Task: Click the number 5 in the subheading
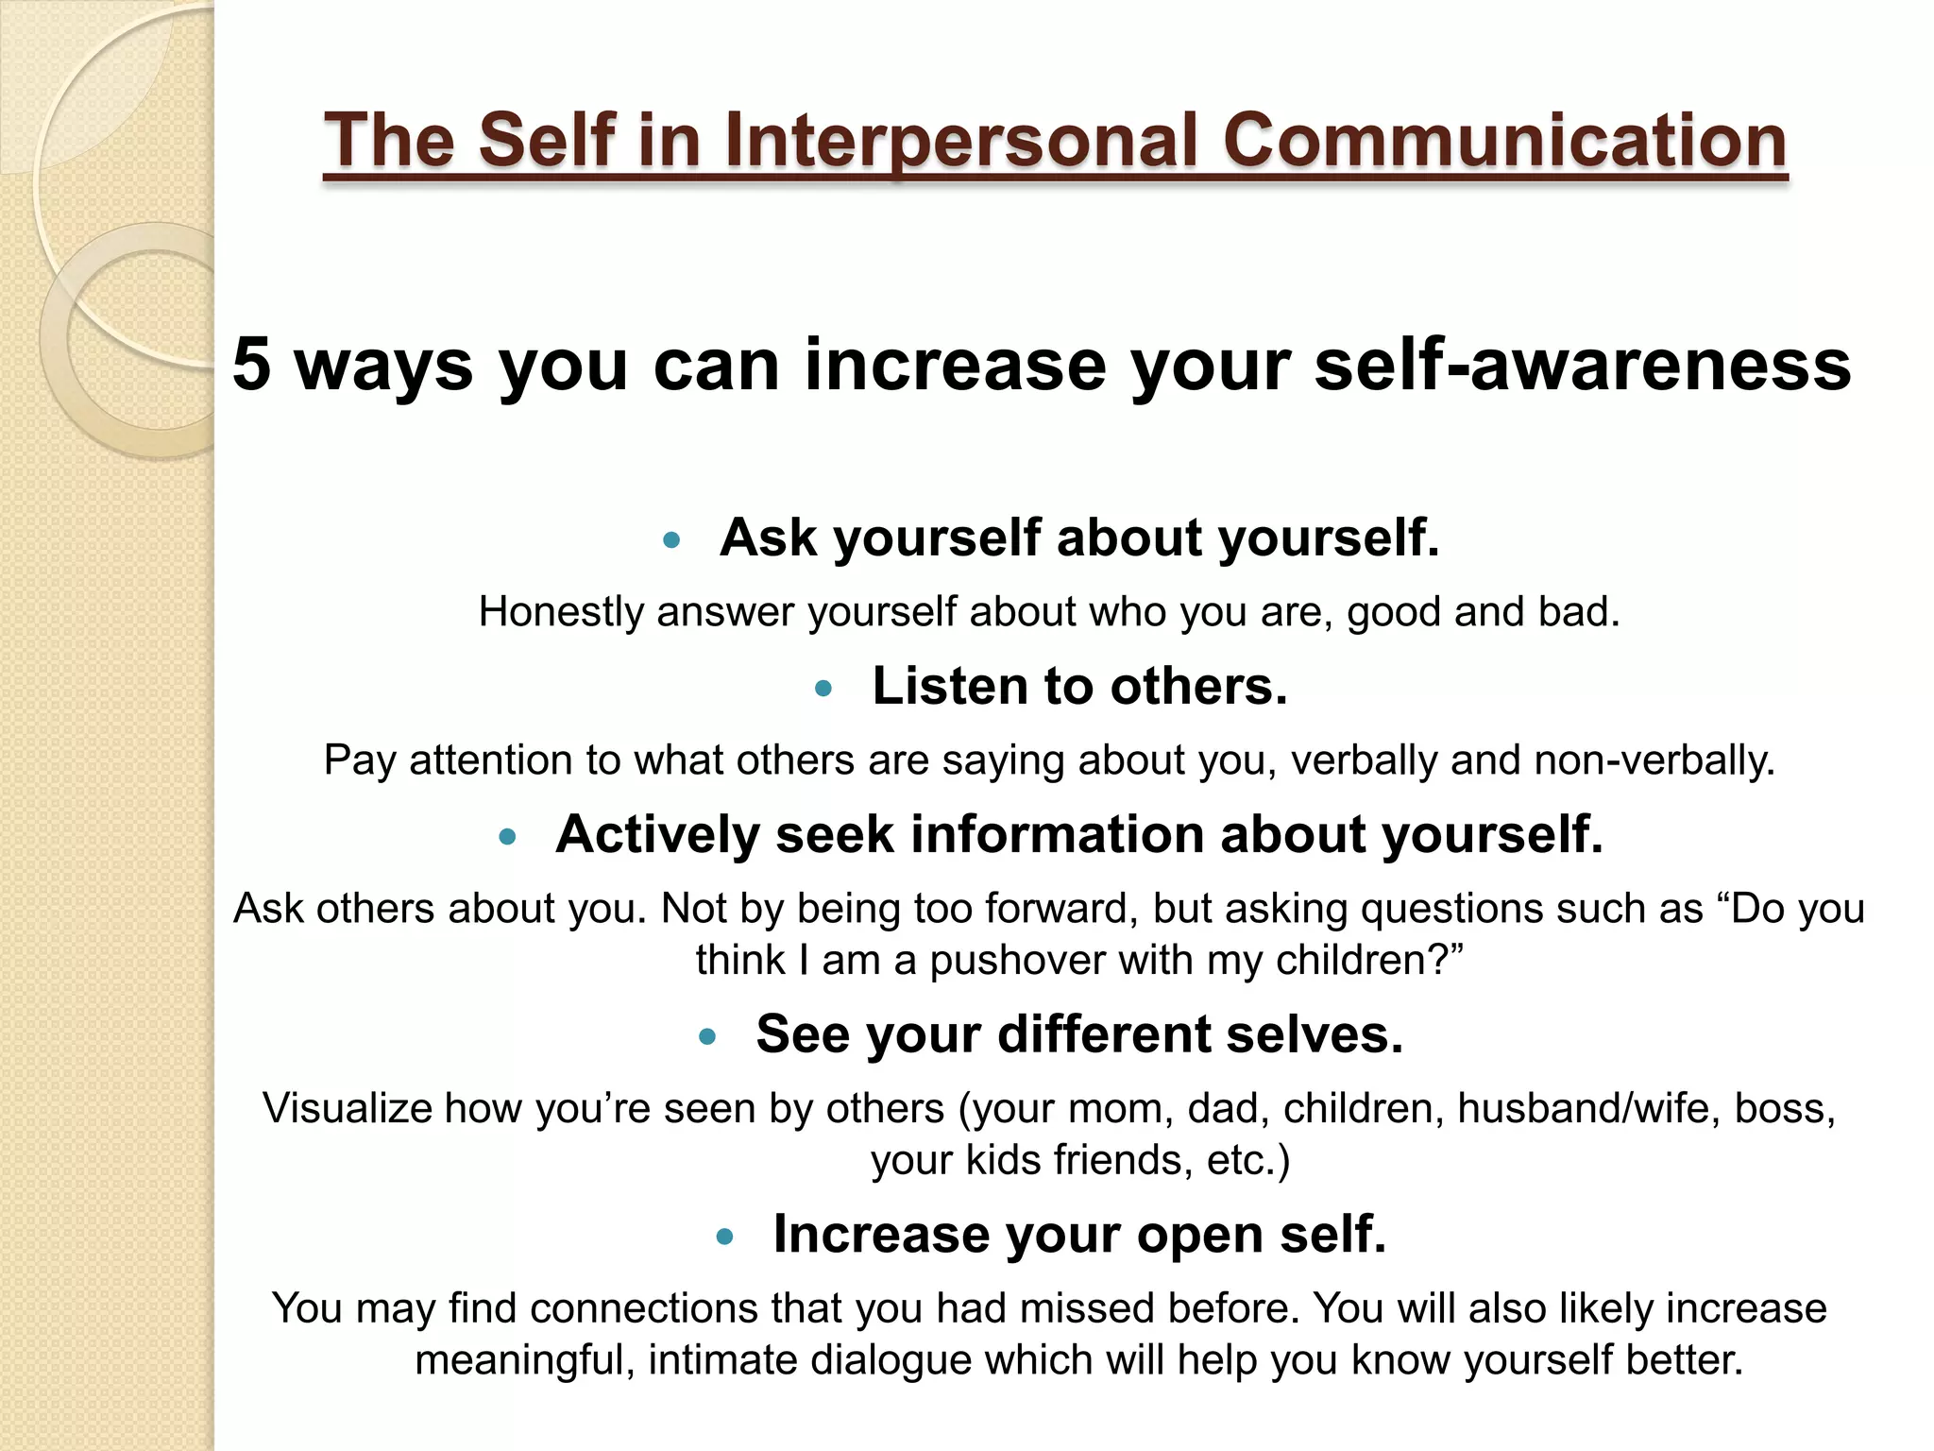pos(251,364)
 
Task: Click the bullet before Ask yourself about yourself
pos(671,540)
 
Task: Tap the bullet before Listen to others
pos(823,689)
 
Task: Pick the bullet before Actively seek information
pos(508,836)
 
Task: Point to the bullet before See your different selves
pos(707,1037)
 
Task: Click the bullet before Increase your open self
pos(725,1237)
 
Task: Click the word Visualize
pos(347,1108)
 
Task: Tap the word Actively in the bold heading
pos(657,835)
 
